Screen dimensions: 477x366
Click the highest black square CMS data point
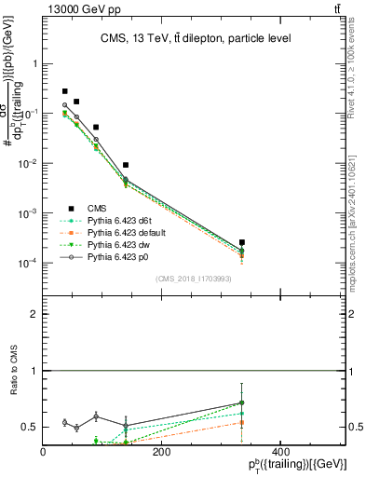coord(64,91)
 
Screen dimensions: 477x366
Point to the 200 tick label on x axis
coord(161,452)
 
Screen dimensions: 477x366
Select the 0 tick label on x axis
coord(44,452)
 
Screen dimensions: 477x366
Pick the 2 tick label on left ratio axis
coord(34,315)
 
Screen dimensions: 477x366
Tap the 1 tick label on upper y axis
coord(34,64)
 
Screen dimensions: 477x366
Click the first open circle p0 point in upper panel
coord(64,105)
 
